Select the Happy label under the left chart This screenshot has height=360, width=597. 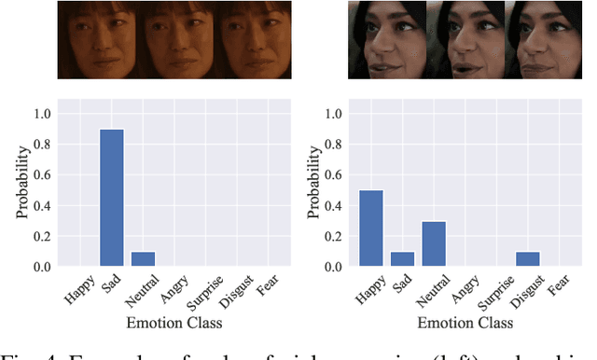pos(79,290)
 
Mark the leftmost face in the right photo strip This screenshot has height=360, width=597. pos(386,40)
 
